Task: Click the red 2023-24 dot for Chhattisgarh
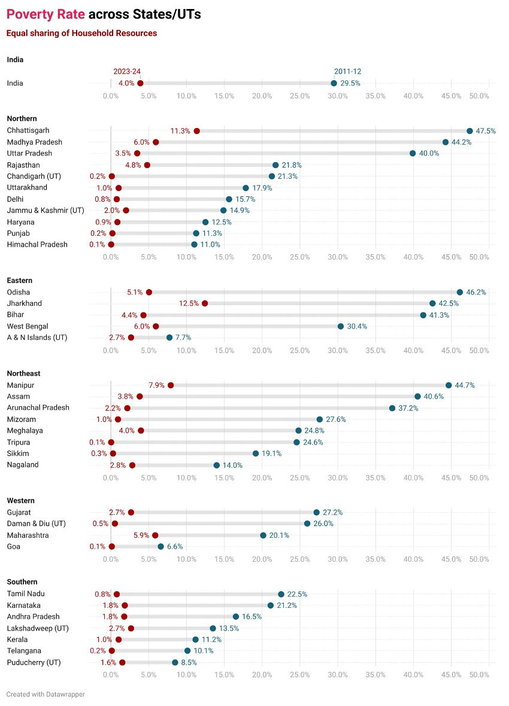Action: click(197, 131)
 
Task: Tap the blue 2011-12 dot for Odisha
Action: click(460, 292)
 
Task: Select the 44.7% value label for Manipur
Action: click(465, 385)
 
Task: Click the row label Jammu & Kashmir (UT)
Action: click(46, 210)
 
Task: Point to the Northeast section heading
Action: click(23, 373)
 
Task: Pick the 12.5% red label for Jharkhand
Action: click(189, 303)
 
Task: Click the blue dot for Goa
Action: click(160, 546)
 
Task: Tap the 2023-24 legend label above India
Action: click(127, 71)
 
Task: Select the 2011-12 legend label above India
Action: click(347, 71)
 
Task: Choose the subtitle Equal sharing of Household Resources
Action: click(81, 34)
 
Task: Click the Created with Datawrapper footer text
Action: click(46, 694)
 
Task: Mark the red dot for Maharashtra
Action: click(155, 535)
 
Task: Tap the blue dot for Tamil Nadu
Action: click(281, 594)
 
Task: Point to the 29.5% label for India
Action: click(350, 83)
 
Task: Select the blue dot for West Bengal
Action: click(341, 326)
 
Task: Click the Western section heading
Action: click(21, 500)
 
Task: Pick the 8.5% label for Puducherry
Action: click(189, 662)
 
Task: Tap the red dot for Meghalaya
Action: click(141, 431)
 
